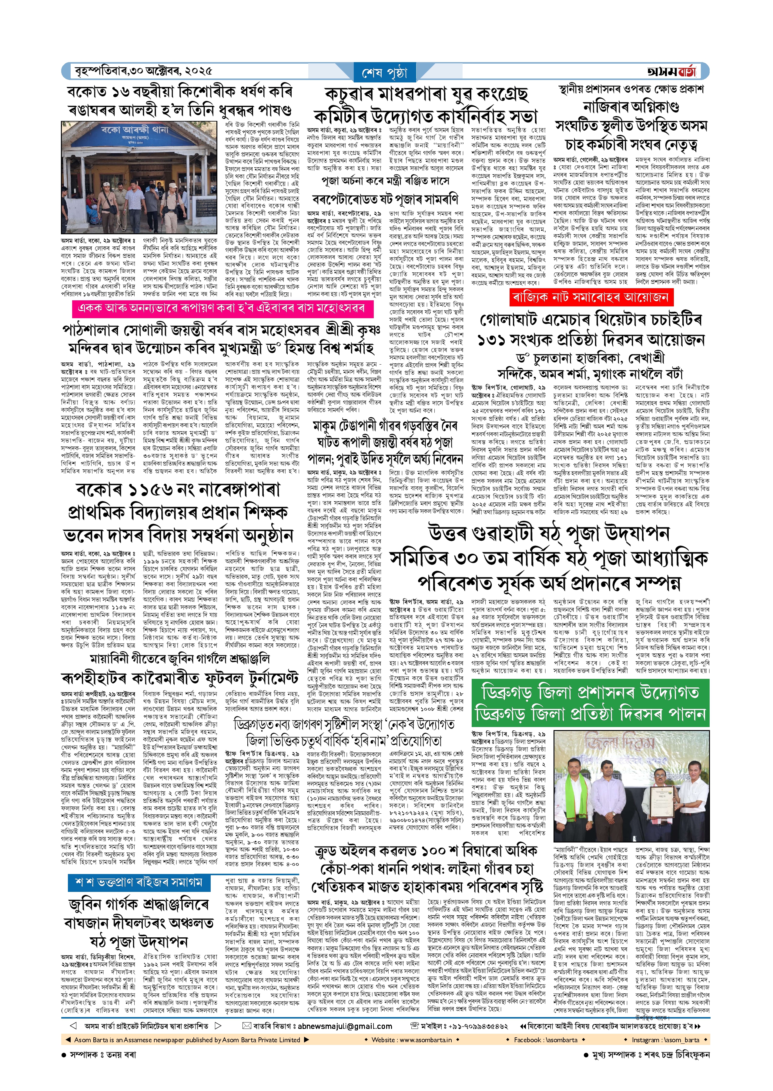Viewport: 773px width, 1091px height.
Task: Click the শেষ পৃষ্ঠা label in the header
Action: (385, 72)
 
